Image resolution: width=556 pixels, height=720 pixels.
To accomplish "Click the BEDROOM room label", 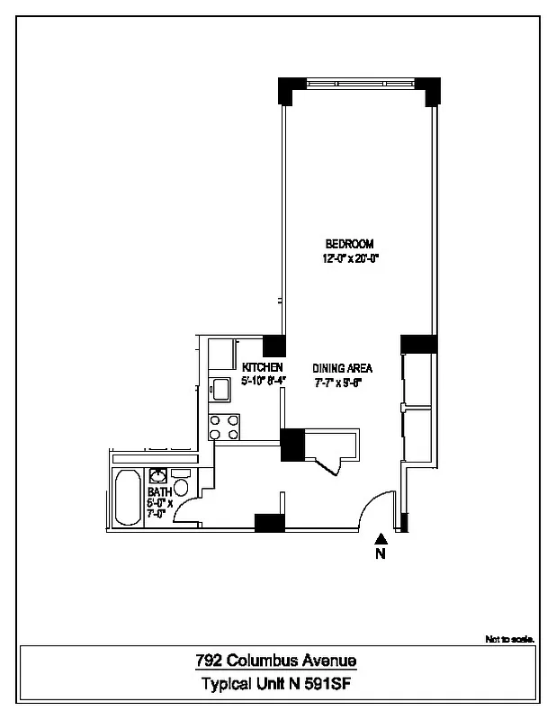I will (x=349, y=244).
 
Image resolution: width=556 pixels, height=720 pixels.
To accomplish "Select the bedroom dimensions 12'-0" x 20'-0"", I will (x=349, y=258).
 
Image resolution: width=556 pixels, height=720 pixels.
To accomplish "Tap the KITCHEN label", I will (x=263, y=368).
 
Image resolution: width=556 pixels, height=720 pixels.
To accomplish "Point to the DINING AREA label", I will (x=342, y=368).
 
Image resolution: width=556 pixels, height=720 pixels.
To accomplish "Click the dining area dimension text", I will (x=342, y=382).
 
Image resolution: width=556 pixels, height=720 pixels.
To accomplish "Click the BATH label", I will (x=159, y=492).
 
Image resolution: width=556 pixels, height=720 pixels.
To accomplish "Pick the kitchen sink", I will (x=220, y=389).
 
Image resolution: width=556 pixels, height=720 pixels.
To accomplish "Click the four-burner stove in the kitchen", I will (x=224, y=427).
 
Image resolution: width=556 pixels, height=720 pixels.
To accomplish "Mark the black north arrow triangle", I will (x=381, y=538).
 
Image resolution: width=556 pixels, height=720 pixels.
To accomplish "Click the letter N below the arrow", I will (x=381, y=554).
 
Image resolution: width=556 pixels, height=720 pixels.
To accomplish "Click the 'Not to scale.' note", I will (x=510, y=639).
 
